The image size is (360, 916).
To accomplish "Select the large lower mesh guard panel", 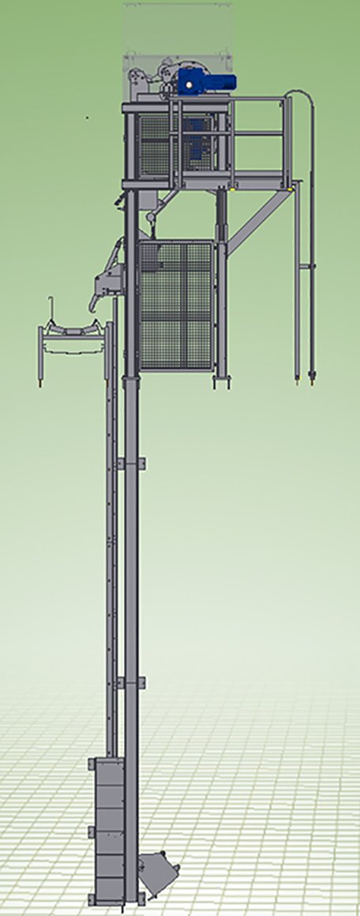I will coord(176,305).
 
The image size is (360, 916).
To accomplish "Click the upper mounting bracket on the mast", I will coord(130,463).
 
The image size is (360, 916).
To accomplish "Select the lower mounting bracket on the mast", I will coord(130,682).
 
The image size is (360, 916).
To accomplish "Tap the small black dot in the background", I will coord(88,118).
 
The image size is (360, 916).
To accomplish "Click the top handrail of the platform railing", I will coord(229,99).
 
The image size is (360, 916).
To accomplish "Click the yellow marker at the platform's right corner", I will coord(293,188).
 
